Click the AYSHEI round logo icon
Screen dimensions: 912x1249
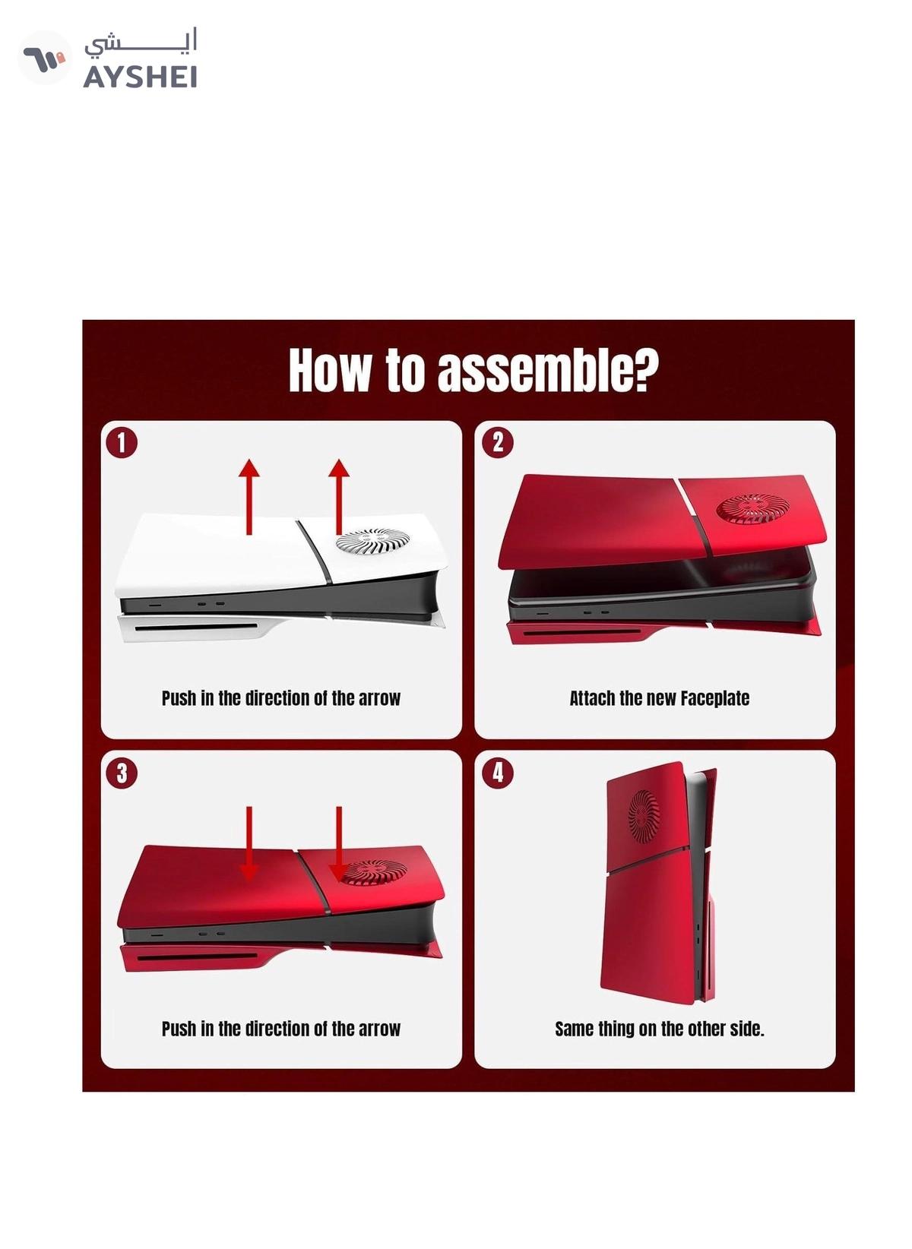click(45, 58)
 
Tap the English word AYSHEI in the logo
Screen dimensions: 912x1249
click(140, 77)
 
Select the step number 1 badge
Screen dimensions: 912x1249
click(122, 443)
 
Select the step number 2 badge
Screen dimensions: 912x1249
click(498, 443)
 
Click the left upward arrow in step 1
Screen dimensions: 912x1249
click(249, 497)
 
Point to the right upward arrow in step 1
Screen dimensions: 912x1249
click(339, 497)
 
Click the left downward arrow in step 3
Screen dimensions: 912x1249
click(249, 843)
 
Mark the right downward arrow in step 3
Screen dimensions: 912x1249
click(339, 843)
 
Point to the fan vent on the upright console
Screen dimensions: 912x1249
click(644, 815)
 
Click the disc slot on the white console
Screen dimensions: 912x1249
click(195, 627)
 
